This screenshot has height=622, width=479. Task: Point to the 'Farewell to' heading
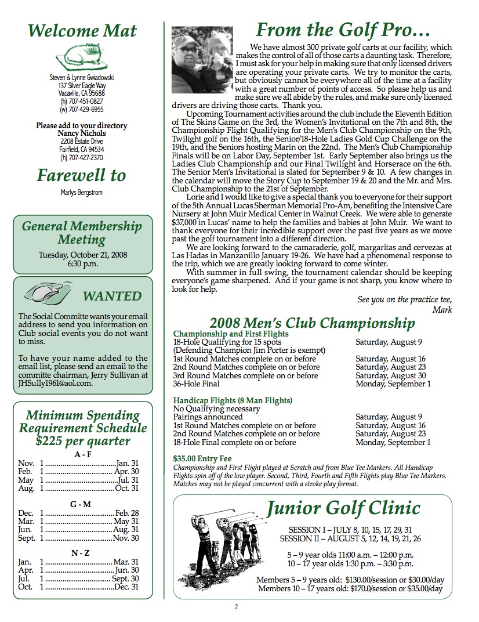(x=81, y=175)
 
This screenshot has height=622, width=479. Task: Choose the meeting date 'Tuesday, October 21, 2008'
(x=83, y=255)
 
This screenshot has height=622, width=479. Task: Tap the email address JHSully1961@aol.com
(x=56, y=383)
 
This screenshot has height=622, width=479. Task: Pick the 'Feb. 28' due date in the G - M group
(x=127, y=513)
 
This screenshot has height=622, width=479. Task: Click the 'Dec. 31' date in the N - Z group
(x=127, y=587)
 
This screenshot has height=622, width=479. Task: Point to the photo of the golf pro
(x=202, y=63)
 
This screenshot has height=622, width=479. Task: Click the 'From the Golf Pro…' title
(x=343, y=30)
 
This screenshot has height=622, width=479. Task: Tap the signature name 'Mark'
(x=442, y=309)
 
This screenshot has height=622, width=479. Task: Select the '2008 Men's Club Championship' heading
(x=312, y=323)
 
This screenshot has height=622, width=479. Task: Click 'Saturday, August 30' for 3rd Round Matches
(x=390, y=375)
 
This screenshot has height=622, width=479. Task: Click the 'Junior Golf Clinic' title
(x=343, y=508)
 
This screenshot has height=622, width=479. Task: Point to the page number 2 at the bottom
(x=236, y=607)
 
